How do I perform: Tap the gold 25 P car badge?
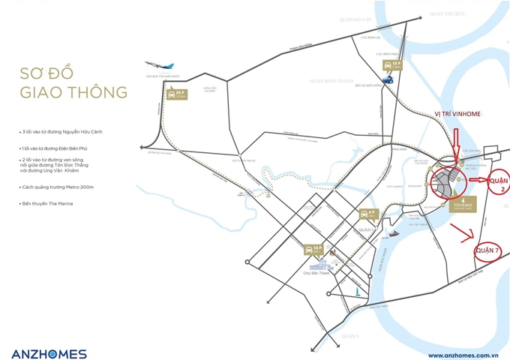point(175,94)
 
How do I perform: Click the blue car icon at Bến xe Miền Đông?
point(388,79)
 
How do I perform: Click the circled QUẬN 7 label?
point(487,250)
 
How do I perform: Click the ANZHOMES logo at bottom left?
point(49,353)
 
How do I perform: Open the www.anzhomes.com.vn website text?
point(463,355)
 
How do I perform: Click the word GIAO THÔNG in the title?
point(74,94)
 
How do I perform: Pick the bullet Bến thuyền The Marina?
point(52,203)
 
